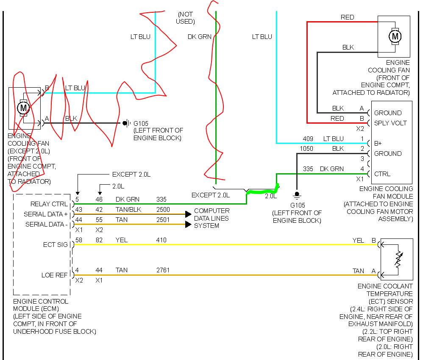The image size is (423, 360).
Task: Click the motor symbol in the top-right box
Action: point(395,36)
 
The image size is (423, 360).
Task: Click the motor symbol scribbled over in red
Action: point(23,108)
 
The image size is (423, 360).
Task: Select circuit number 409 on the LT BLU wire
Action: point(308,139)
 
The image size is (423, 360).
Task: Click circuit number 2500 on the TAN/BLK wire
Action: point(164,209)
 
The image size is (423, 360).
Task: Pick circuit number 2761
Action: point(164,270)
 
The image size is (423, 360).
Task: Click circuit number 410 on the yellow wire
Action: point(161,240)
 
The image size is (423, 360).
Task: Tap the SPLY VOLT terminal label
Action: point(390,123)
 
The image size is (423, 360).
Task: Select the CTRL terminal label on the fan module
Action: point(382,174)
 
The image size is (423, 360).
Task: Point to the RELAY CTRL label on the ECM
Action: point(49,204)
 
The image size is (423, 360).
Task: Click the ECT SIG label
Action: point(55,245)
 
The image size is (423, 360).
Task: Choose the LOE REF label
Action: point(54,275)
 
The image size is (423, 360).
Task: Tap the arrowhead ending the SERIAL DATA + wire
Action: point(188,214)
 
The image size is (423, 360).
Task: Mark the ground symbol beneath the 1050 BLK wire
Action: point(297,194)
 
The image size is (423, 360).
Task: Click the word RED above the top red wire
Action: point(347,17)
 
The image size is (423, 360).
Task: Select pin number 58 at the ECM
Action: point(79,240)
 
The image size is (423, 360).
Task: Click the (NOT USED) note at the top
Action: point(185,18)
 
